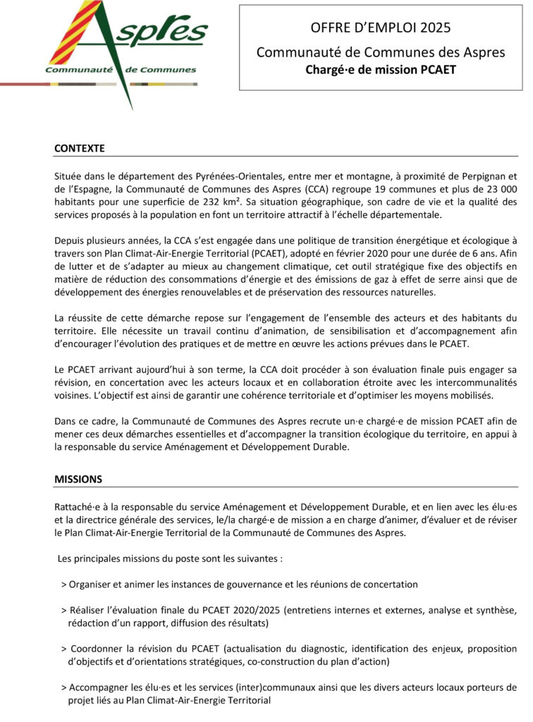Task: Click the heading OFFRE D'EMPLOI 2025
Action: click(381, 28)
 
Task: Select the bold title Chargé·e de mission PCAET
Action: click(381, 70)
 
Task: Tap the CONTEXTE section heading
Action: click(79, 149)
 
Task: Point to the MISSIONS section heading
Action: click(78, 479)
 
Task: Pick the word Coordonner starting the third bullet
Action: click(99, 649)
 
